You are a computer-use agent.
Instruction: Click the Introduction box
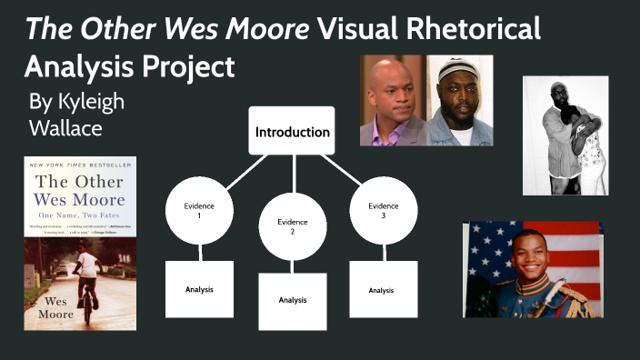pyautogui.click(x=292, y=131)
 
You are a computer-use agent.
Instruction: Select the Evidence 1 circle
pyautogui.click(x=200, y=211)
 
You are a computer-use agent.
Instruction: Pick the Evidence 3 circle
pyautogui.click(x=383, y=211)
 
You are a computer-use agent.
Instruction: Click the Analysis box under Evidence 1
pyautogui.click(x=199, y=289)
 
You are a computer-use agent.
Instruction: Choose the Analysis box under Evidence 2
pyautogui.click(x=292, y=300)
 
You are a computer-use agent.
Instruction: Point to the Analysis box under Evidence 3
pyautogui.click(x=383, y=289)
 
